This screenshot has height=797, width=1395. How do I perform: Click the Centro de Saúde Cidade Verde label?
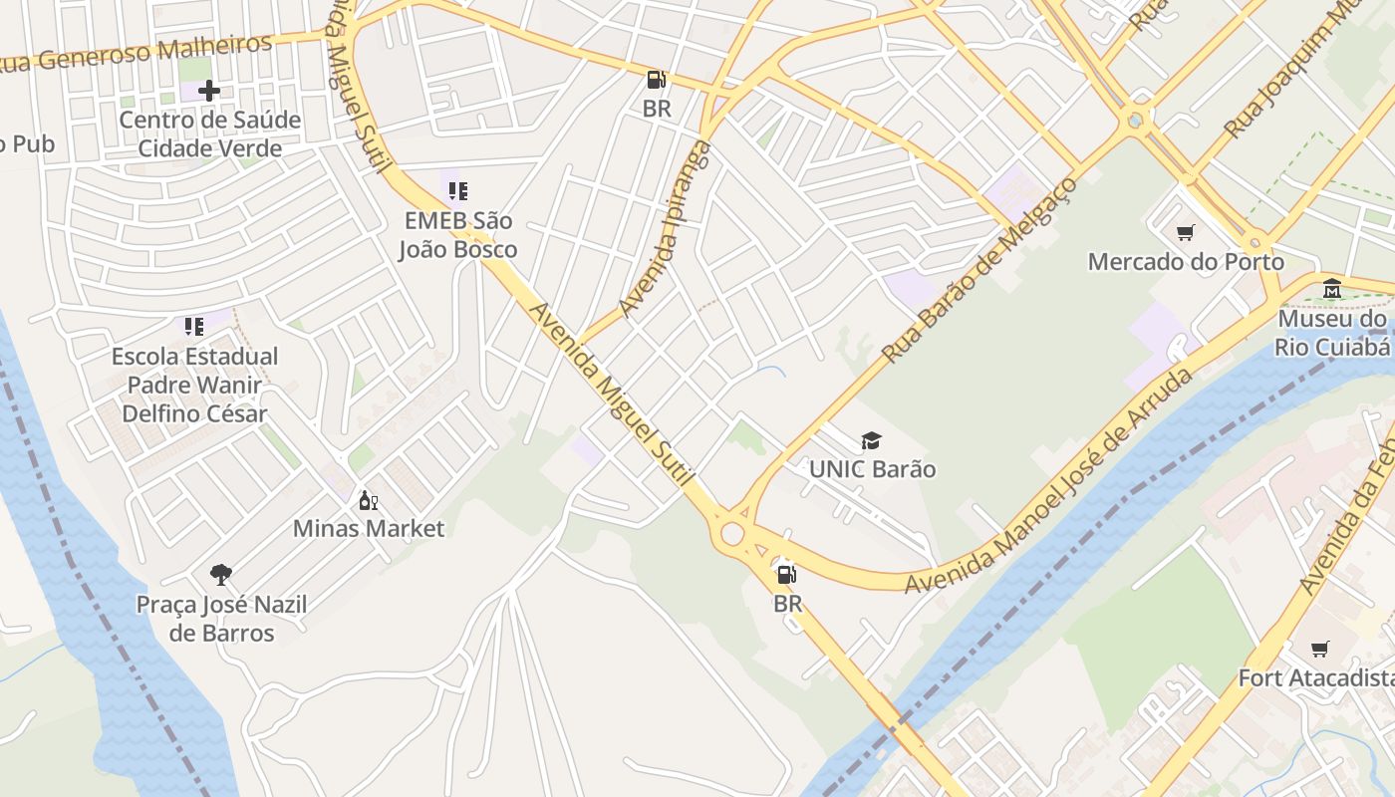pyautogui.click(x=209, y=133)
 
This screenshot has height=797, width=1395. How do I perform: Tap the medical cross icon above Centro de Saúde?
pyautogui.click(x=209, y=91)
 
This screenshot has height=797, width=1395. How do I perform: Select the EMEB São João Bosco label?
pyautogui.click(x=458, y=234)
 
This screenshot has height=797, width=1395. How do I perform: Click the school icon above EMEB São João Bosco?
pyautogui.click(x=458, y=190)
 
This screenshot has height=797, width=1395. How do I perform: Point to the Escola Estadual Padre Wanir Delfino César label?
pyautogui.click(x=194, y=385)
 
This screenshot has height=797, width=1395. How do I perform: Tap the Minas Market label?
pyautogui.click(x=369, y=528)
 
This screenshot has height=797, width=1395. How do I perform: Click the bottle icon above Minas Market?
pyautogui.click(x=368, y=500)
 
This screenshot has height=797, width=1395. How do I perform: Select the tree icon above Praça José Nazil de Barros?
pyautogui.click(x=221, y=574)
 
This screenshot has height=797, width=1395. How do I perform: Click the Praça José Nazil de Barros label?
pyautogui.click(x=221, y=619)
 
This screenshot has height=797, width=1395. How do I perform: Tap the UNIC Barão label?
pyautogui.click(x=872, y=469)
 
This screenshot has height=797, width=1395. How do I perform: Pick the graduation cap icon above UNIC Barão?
pyautogui.click(x=872, y=440)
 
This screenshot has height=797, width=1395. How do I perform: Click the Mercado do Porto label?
pyautogui.click(x=1186, y=262)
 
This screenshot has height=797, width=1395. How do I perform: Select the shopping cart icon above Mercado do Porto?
pyautogui.click(x=1186, y=233)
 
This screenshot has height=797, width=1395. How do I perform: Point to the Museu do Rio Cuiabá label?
pyautogui.click(x=1333, y=333)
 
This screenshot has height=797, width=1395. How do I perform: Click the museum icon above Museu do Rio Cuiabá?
pyautogui.click(x=1332, y=289)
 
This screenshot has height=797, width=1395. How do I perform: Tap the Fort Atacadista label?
pyautogui.click(x=1315, y=678)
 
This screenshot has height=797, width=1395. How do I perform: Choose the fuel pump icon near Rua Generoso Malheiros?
pyautogui.click(x=656, y=80)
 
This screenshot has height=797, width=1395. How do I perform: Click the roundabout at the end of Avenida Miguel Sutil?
pyautogui.click(x=732, y=534)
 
